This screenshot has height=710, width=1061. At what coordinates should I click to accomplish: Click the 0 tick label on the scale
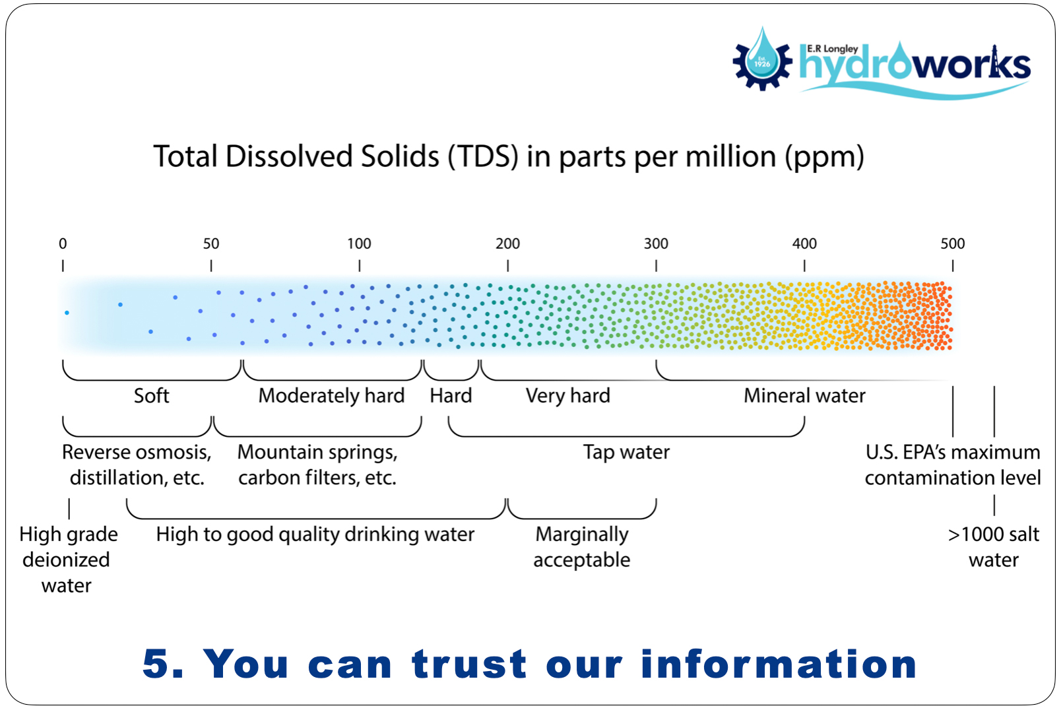pyautogui.click(x=63, y=243)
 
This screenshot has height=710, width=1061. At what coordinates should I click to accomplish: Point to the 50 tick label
pyautogui.click(x=210, y=243)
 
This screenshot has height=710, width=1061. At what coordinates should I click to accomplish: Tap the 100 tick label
pyautogui.click(x=359, y=243)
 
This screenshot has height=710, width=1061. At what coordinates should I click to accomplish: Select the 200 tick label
pyautogui.click(x=507, y=243)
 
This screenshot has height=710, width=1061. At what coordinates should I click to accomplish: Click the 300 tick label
pyautogui.click(x=656, y=243)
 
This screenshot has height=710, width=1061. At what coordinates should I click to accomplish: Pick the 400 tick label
pyautogui.click(x=804, y=243)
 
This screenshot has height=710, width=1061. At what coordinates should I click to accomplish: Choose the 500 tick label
pyautogui.click(x=953, y=243)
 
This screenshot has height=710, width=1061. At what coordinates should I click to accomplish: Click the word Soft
pyautogui.click(x=151, y=395)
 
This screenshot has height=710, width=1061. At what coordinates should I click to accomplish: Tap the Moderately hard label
pyautogui.click(x=331, y=396)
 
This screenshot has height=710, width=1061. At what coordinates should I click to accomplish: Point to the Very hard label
pyautogui.click(x=568, y=396)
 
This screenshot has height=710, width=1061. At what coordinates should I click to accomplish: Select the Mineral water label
pyautogui.click(x=804, y=395)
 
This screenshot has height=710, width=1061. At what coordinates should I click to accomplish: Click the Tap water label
pyautogui.click(x=626, y=453)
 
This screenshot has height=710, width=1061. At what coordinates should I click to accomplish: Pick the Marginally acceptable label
pyautogui.click(x=582, y=547)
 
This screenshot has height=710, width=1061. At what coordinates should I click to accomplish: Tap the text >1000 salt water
pyautogui.click(x=994, y=547)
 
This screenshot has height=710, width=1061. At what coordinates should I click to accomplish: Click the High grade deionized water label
pyautogui.click(x=68, y=560)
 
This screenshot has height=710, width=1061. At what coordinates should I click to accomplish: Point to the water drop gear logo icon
pyautogui.click(x=762, y=59)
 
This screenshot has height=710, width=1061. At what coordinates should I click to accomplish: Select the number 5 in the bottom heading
pyautogui.click(x=156, y=664)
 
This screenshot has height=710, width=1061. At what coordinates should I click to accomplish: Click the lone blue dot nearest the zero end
pyautogui.click(x=67, y=313)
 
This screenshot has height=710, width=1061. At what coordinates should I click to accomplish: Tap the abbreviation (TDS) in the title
pyautogui.click(x=482, y=157)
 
